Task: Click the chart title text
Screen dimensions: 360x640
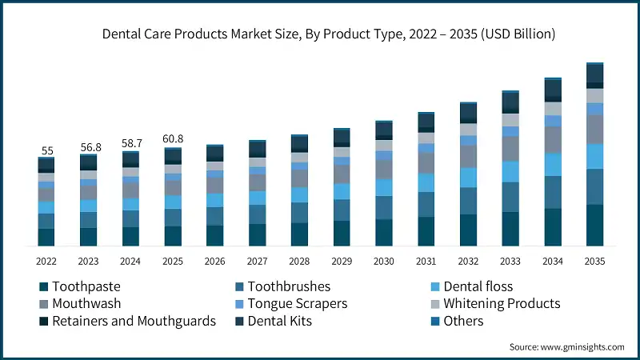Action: pos(328,34)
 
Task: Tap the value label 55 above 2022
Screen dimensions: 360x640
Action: pos(46,150)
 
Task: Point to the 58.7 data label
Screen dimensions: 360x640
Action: pos(131,144)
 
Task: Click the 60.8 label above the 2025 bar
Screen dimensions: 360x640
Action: pos(173,139)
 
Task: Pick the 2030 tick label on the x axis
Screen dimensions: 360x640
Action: pos(383,262)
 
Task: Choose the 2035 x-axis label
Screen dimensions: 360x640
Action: pos(594,262)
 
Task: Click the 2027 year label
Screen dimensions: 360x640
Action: pos(257,262)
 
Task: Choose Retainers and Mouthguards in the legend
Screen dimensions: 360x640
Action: pos(134,321)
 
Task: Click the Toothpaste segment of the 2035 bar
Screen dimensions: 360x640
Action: pos(594,225)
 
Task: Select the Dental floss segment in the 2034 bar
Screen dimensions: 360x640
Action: pos(552,164)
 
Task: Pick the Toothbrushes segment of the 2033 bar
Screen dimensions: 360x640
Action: pos(510,197)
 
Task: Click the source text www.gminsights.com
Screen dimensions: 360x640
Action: pos(580,347)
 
